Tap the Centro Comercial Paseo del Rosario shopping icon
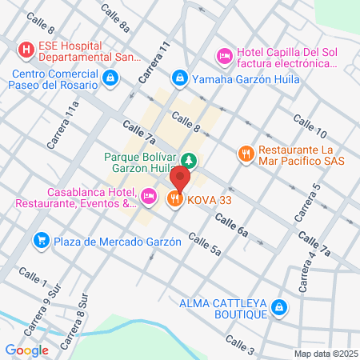(110, 78)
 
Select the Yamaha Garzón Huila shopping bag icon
(180, 78)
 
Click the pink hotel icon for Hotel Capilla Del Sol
(225, 56)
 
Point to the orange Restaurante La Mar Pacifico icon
(246, 152)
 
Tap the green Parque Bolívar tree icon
(188, 158)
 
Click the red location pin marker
(182, 180)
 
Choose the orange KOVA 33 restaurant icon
(175, 198)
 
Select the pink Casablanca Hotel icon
(148, 196)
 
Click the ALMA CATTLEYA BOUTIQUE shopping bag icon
(278, 306)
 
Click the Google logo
(26, 350)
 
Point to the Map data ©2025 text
(326, 354)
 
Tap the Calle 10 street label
(310, 126)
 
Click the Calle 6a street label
(253, 230)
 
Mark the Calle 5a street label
(204, 245)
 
